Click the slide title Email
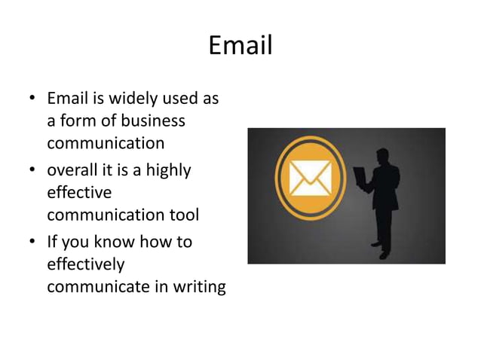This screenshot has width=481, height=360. [x=240, y=45]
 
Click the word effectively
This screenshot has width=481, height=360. [x=85, y=264]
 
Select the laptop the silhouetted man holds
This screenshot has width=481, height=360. [x=360, y=177]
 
